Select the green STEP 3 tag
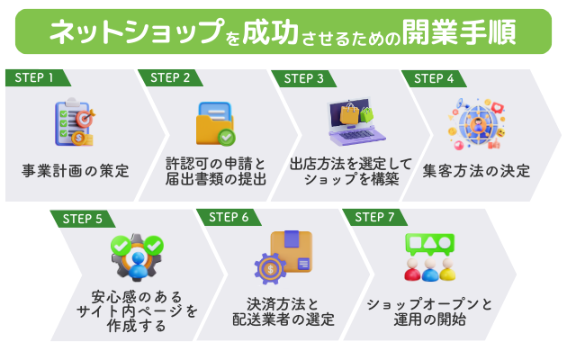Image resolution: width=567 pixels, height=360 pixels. tap(303, 77)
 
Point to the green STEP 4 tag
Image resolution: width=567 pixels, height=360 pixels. tap(435, 77)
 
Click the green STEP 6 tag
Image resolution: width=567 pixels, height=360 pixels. tap(228, 218)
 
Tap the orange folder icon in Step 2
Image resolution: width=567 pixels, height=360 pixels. tap(214, 123)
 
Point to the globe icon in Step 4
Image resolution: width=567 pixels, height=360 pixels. tap(477, 123)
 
